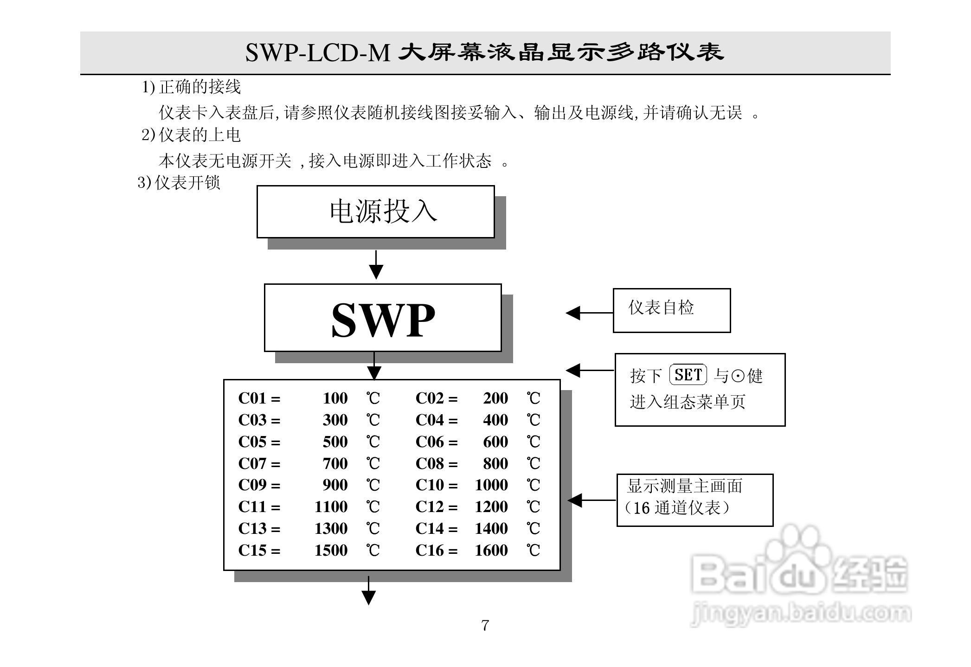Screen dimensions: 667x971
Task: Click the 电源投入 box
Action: tap(375, 212)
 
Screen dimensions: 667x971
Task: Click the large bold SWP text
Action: tap(383, 320)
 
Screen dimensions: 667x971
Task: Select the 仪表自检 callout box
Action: tap(671, 310)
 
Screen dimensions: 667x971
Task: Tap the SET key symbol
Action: tap(688, 375)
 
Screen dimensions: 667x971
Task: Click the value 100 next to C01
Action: tap(335, 398)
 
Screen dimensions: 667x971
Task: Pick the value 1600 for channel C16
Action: tap(491, 551)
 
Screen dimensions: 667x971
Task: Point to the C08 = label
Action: tap(436, 463)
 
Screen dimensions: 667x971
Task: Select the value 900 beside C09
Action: tap(335, 485)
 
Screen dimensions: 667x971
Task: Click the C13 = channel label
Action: tap(259, 529)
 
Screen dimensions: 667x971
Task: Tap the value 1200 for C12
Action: tap(491, 507)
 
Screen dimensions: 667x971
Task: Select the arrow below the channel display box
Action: tap(368, 591)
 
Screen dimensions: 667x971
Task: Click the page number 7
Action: tap(485, 626)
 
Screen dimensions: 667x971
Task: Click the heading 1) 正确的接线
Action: tap(191, 87)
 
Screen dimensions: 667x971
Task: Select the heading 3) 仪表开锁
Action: tap(179, 182)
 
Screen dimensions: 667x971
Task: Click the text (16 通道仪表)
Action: tap(677, 508)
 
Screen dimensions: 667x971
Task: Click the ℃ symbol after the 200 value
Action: tap(534, 398)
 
